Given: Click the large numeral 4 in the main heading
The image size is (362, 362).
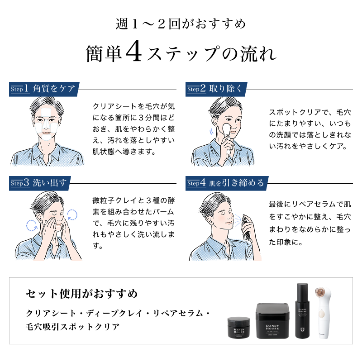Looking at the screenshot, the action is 133,51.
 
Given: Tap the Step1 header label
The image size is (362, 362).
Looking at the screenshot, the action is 44,89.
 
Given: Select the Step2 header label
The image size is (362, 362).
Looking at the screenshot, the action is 216,89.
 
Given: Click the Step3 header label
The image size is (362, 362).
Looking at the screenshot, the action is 40,183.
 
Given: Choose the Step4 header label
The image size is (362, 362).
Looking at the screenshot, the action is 227,183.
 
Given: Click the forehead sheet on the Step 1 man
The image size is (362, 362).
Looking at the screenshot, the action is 46,112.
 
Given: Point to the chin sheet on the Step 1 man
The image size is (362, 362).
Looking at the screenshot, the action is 46,138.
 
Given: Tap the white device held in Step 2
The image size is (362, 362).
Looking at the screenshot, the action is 228,136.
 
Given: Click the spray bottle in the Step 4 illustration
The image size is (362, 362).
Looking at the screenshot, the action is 246,228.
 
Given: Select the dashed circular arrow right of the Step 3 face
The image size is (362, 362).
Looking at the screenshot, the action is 72,214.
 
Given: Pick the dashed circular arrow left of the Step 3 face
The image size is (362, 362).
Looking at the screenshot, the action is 32,225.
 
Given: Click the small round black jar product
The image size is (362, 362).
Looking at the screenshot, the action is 239,327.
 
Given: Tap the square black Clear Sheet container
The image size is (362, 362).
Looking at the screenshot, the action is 272,321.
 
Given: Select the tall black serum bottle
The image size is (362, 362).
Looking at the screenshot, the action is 302,311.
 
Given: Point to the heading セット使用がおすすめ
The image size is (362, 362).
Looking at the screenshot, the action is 82,294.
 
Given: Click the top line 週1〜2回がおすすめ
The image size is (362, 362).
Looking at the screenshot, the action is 181,24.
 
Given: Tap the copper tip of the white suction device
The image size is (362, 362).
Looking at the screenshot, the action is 320,291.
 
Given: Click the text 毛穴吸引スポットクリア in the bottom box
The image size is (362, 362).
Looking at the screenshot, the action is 72,327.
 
